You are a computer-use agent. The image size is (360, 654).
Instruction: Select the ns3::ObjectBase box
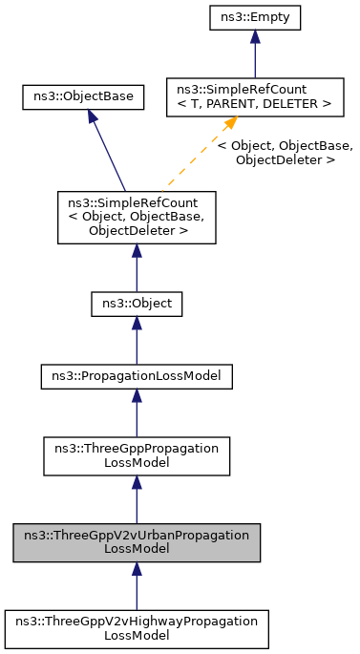coord(84,96)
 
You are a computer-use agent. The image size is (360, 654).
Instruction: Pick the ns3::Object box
coord(137,306)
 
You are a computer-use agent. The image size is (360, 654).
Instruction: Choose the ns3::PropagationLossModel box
coord(137,376)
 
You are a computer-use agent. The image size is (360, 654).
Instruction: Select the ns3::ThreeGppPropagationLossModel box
coord(137,454)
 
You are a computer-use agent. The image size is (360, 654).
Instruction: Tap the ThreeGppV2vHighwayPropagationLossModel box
coord(137,627)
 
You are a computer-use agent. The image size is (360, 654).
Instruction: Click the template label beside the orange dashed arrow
coord(285,153)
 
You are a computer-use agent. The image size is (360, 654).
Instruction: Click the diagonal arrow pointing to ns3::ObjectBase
coord(107,149)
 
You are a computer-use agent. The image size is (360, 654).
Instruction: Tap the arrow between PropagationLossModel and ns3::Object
coord(137,341)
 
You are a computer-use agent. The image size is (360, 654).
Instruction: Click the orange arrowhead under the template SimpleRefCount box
coord(229,124)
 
